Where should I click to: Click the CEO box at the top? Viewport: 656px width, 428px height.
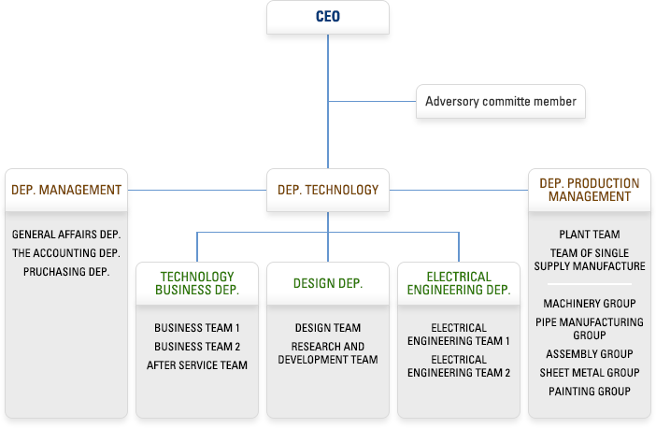click(x=327, y=17)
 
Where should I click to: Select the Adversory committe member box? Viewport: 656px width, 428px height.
click(x=501, y=101)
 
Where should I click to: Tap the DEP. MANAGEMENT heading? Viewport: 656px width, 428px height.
click(x=66, y=190)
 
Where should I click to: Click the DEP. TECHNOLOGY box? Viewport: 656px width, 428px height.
click(x=328, y=190)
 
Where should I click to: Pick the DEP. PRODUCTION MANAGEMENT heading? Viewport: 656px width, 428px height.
click(x=590, y=190)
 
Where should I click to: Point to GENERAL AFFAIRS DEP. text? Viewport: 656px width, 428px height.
click(x=66, y=235)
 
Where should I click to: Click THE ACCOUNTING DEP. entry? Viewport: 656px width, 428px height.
click(x=66, y=253)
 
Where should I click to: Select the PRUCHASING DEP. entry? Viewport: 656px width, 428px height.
click(x=66, y=272)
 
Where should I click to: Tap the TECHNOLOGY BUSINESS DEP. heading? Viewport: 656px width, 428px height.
click(x=197, y=283)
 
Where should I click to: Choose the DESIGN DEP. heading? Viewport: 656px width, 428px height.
click(x=328, y=283)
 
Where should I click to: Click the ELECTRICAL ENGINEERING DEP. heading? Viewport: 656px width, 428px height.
click(x=459, y=283)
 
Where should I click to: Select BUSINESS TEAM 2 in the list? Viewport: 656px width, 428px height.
click(x=197, y=347)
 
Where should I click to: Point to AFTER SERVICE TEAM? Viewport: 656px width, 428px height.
click(x=197, y=365)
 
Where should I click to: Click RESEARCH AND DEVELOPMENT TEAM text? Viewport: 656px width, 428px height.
click(x=328, y=353)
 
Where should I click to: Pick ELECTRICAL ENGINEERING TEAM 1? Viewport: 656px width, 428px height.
click(x=459, y=335)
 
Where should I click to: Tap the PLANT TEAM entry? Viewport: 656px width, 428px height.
click(x=590, y=235)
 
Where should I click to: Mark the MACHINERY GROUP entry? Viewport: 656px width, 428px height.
click(x=590, y=304)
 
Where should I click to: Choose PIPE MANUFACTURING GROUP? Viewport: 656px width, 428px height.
click(x=590, y=329)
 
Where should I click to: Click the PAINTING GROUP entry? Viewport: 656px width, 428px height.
click(x=590, y=392)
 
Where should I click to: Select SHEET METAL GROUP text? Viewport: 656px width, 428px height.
click(x=590, y=373)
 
